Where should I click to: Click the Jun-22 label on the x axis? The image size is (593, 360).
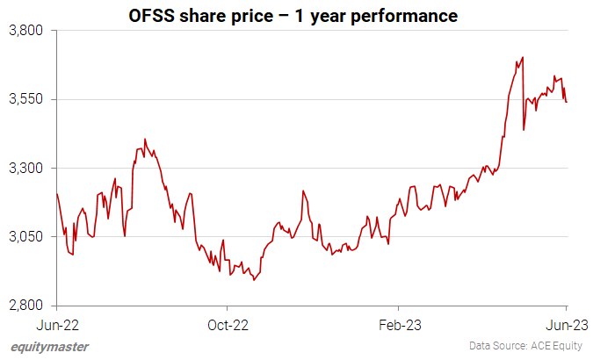click(x=56, y=324)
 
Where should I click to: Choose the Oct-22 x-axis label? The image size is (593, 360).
click(x=227, y=324)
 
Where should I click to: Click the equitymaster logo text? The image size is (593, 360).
click(x=50, y=346)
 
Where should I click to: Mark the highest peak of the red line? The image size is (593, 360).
click(x=523, y=58)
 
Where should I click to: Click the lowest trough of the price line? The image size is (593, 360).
click(x=254, y=280)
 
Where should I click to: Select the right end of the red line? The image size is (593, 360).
click(x=567, y=102)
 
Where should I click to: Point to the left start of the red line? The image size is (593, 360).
click(x=57, y=194)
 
